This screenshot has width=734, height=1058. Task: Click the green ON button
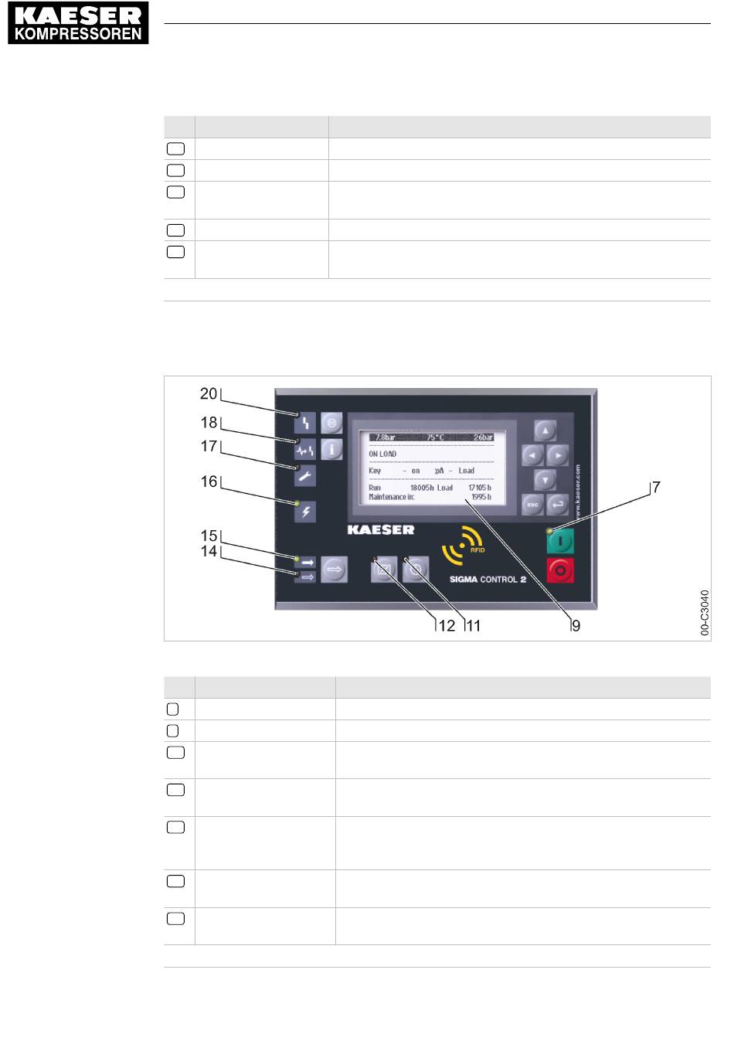click(x=561, y=542)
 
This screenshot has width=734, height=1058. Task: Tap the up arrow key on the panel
click(x=545, y=430)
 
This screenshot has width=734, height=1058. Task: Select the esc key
click(x=532, y=505)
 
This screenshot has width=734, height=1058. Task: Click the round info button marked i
click(x=331, y=448)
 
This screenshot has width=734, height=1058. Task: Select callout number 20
click(x=209, y=394)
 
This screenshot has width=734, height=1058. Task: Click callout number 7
click(x=655, y=488)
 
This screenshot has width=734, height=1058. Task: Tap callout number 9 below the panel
click(x=576, y=626)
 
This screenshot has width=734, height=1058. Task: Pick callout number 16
click(x=209, y=481)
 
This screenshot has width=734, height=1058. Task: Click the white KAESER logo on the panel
click(x=381, y=529)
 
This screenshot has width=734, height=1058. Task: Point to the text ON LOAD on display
click(x=382, y=454)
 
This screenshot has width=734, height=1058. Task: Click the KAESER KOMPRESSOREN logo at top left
click(x=78, y=24)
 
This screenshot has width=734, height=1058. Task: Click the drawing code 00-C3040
click(x=704, y=613)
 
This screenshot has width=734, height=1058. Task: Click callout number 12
click(x=447, y=626)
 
